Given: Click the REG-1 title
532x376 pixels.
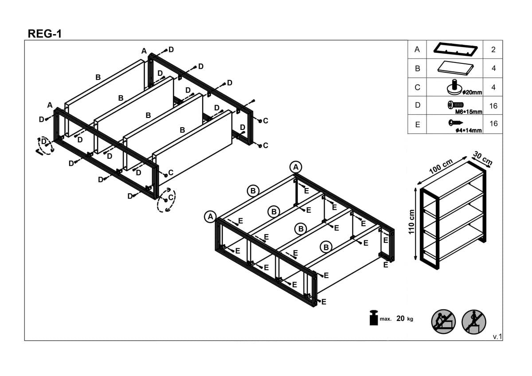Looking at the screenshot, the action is click(x=45, y=34).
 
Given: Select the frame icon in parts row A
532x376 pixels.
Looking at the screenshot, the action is click(x=455, y=49).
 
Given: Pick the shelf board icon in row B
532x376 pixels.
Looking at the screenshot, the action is click(x=456, y=68).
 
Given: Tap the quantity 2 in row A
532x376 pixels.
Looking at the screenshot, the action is click(x=493, y=49).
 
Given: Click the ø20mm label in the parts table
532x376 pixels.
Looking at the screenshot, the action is click(x=472, y=92).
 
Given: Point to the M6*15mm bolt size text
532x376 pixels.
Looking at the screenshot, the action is click(x=469, y=112).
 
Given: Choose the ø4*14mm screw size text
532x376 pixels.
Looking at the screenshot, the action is click(x=469, y=130).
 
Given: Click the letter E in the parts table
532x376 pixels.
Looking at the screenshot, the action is click(x=418, y=125).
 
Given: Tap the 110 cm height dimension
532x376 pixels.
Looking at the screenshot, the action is click(x=411, y=222).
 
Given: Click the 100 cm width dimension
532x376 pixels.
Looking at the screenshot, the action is click(x=441, y=166).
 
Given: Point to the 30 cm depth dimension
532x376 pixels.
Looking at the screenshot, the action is click(x=483, y=158).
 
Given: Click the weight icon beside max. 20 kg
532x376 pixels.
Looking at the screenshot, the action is click(x=374, y=317).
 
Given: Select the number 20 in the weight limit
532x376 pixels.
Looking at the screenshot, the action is click(x=400, y=318).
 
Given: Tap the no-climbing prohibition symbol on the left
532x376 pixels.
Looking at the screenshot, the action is click(x=443, y=321).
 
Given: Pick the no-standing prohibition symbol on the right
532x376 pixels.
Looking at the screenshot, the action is click(x=474, y=321).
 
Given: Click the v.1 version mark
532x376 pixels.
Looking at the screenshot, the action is click(x=497, y=337).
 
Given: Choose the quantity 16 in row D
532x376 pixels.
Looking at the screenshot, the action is click(x=493, y=106).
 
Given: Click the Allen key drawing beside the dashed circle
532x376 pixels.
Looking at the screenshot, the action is click(x=39, y=152).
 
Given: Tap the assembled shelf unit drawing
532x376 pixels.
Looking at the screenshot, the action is click(x=453, y=215).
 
